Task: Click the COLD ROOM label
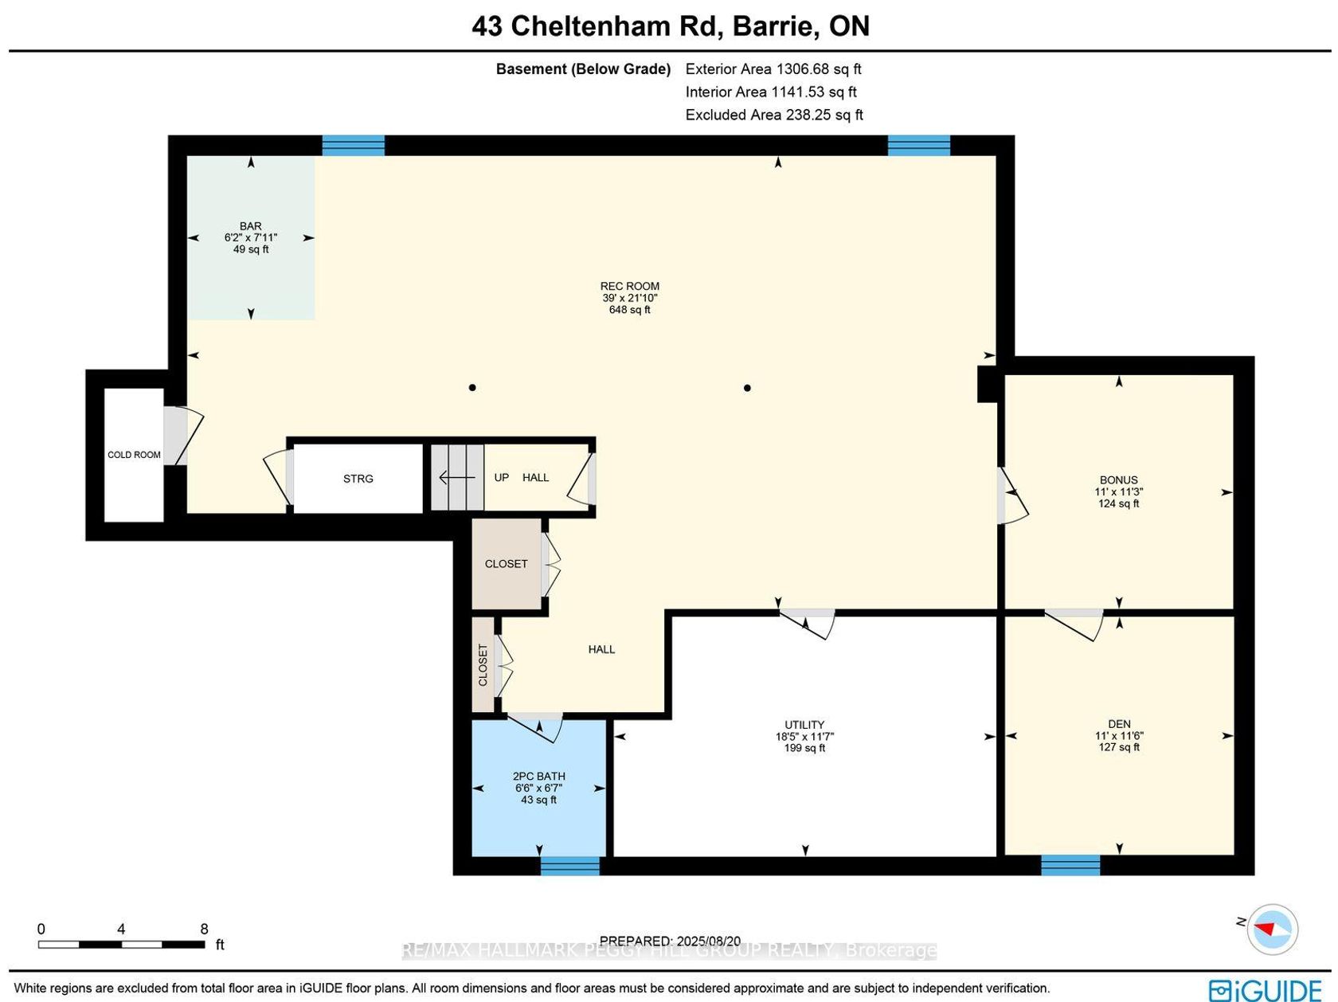134,455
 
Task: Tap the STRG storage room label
358,479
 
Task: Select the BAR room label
251,226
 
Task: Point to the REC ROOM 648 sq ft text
630,310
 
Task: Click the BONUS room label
1118,479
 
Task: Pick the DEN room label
1119,724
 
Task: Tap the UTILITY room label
804,725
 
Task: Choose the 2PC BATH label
539,776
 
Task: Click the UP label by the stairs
501,477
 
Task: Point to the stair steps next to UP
457,477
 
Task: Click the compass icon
1272,930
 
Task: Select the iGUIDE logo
1265,988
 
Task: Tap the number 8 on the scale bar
204,929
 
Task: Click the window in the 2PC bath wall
570,866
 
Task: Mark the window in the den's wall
1070,866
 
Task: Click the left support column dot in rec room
471,388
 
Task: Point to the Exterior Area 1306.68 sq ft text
773,68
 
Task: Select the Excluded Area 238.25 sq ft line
774,115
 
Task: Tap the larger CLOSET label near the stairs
506,564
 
